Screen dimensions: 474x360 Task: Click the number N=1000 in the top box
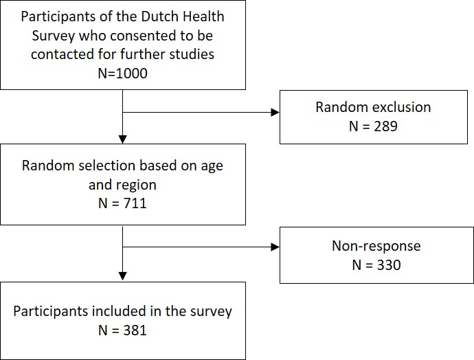(x=123, y=73)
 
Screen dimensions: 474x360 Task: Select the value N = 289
(x=373, y=126)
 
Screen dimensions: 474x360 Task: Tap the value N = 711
(x=122, y=203)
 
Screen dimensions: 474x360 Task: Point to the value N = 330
(x=376, y=265)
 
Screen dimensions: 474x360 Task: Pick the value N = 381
(x=122, y=330)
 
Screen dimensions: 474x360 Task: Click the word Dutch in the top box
(x=159, y=16)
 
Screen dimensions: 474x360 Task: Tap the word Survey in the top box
(x=53, y=36)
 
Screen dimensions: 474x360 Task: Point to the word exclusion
(x=402, y=107)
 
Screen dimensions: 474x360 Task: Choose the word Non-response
(x=376, y=246)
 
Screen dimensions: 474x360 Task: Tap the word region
(x=138, y=185)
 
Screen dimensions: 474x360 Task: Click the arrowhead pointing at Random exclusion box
(x=275, y=113)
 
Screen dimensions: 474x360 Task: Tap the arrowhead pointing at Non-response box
(x=275, y=247)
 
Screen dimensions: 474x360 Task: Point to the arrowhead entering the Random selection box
(x=123, y=139)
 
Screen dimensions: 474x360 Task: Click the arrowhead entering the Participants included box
(x=123, y=276)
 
